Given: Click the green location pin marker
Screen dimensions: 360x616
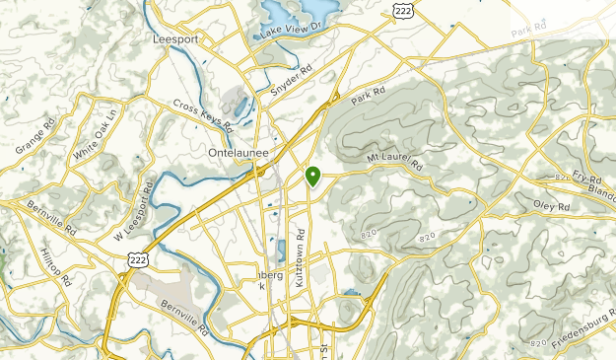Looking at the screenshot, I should [x=312, y=177].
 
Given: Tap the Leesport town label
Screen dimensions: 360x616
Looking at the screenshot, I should [x=175, y=39].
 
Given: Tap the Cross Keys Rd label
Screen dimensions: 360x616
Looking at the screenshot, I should [x=202, y=114].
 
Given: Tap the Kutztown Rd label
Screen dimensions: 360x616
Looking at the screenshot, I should [x=303, y=260].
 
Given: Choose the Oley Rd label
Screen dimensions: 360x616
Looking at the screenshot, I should [x=552, y=208].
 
